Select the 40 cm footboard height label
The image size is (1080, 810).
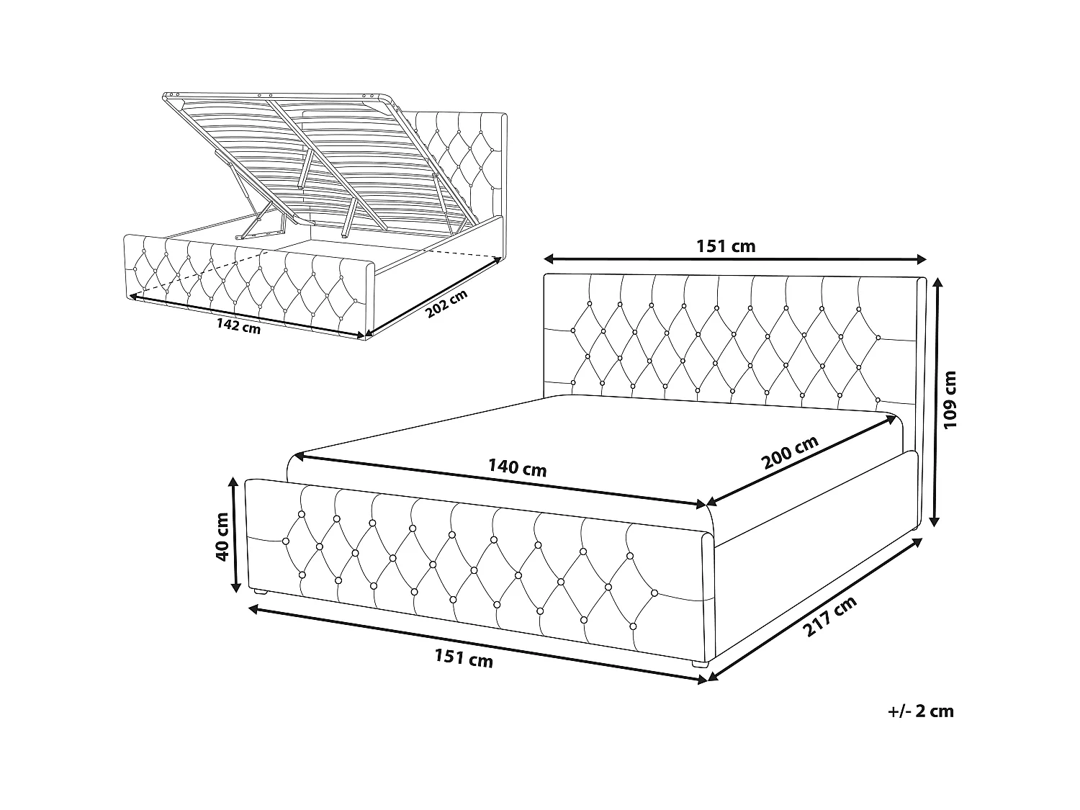click(x=222, y=536)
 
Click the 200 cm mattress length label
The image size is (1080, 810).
click(x=790, y=452)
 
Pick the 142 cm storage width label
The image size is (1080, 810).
click(x=238, y=325)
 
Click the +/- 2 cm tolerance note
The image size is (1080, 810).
click(x=921, y=711)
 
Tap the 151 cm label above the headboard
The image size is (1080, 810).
click(x=726, y=246)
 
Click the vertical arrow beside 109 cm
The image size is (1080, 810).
click(x=937, y=402)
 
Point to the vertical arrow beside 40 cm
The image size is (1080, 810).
click(x=235, y=534)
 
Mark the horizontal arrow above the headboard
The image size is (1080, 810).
click(x=735, y=259)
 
